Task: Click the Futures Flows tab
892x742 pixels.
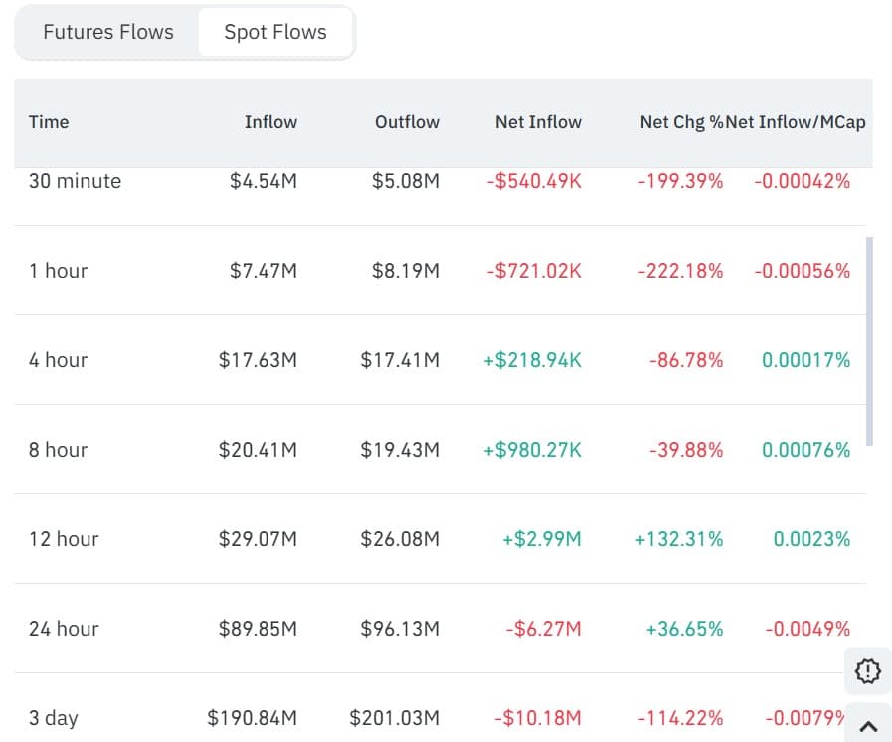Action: click(x=107, y=32)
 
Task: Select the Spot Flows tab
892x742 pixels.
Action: click(x=275, y=32)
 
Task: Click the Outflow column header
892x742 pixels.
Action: click(x=407, y=122)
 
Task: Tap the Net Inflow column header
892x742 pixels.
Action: click(x=538, y=122)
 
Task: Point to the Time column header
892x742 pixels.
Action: click(x=49, y=122)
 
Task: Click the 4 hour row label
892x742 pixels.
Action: click(x=58, y=360)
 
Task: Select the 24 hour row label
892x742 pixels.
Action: click(x=64, y=629)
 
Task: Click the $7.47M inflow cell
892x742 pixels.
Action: click(x=264, y=271)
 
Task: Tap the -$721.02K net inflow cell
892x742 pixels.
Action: click(x=535, y=271)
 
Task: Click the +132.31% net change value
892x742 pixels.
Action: click(x=679, y=539)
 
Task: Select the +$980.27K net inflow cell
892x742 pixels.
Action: click(x=532, y=450)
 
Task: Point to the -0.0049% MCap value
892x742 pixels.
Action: click(x=807, y=629)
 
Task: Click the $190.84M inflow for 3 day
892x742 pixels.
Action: click(x=252, y=718)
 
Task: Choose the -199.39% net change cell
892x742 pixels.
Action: click(x=680, y=181)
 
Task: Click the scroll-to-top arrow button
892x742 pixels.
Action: click(x=868, y=726)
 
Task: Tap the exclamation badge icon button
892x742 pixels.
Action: click(x=868, y=671)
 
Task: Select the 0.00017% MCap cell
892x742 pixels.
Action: click(x=805, y=360)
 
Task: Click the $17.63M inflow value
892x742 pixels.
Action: click(x=258, y=360)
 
